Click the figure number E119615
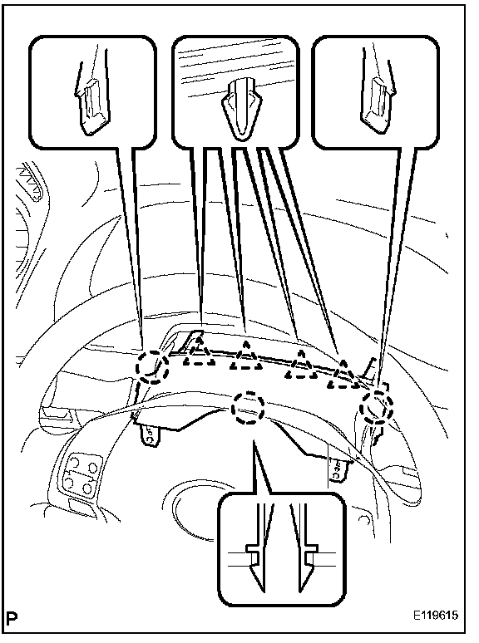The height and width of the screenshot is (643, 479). tap(436, 615)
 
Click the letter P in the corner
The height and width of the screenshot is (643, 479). tap(12, 616)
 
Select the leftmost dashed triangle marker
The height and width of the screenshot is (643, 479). tap(199, 350)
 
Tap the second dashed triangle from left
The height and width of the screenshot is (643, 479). tap(246, 355)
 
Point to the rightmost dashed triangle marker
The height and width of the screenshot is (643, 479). tap(343, 373)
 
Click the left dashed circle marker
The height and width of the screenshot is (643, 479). tap(153, 366)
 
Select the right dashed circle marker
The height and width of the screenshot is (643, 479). tap(377, 406)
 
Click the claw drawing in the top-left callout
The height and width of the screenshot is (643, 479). tap(92, 101)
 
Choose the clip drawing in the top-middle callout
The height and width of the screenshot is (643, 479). tap(241, 108)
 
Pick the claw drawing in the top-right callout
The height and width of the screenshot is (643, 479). tap(377, 101)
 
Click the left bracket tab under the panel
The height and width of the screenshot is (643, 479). tap(150, 435)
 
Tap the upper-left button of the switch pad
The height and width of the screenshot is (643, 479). tap(74, 464)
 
